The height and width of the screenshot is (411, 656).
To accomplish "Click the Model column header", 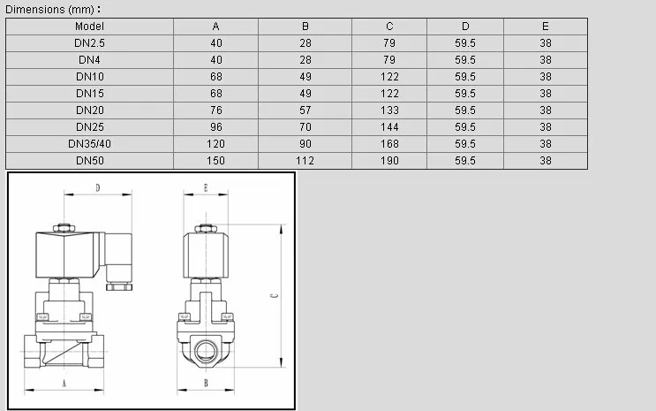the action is click(x=89, y=27).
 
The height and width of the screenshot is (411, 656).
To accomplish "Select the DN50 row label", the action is click(x=89, y=161).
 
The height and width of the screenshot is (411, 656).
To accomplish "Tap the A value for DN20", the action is click(x=216, y=110).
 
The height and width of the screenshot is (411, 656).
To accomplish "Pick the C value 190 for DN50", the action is click(x=389, y=161).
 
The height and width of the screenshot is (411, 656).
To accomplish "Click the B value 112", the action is click(x=305, y=161).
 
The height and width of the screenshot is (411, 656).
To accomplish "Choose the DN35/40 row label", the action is click(x=89, y=144).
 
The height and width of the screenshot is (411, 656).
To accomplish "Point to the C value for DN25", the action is click(x=389, y=127).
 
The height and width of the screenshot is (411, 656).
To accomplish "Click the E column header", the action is click(x=546, y=27).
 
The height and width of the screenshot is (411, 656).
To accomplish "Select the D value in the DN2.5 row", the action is click(x=465, y=43).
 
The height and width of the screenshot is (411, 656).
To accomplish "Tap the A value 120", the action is click(x=216, y=144).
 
